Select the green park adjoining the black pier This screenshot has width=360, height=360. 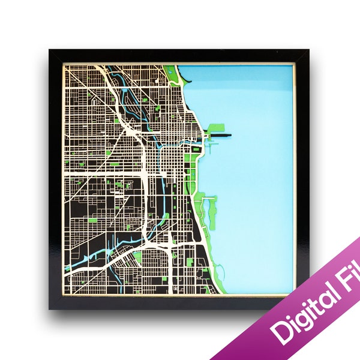(x=216, y=128)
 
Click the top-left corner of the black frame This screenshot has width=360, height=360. (x=50, y=51)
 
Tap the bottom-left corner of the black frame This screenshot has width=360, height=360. (x=50, y=308)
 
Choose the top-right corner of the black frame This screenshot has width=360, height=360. (x=308, y=51)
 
